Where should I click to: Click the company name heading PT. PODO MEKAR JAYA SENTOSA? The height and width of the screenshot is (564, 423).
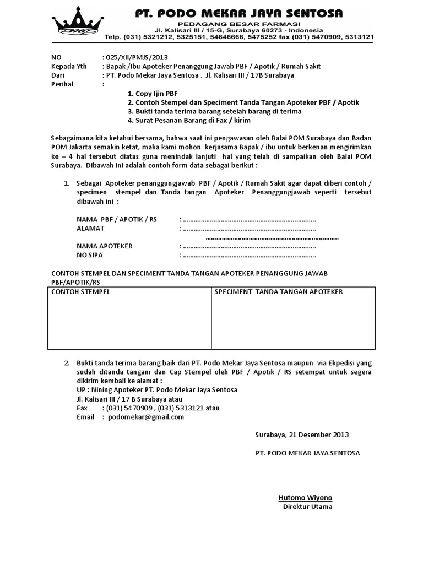[x=239, y=13]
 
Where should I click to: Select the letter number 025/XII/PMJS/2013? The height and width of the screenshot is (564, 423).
[x=136, y=57]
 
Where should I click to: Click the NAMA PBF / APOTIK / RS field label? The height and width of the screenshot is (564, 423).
[x=117, y=219]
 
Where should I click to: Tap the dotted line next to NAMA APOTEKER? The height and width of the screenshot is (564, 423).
[x=248, y=246]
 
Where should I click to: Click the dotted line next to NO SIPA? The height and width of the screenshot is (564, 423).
[x=248, y=256]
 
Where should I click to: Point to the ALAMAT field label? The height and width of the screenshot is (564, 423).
[x=91, y=228]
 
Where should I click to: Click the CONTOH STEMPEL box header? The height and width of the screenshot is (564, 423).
[x=81, y=291]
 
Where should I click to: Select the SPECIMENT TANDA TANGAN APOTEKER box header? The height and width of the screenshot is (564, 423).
[x=279, y=291]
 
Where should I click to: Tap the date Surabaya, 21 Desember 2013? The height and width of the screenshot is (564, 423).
[x=302, y=435]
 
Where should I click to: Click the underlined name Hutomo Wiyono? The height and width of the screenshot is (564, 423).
[x=305, y=498]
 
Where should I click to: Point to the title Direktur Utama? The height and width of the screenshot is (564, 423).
[x=307, y=507]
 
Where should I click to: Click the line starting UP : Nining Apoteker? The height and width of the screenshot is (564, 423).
[x=157, y=389]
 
